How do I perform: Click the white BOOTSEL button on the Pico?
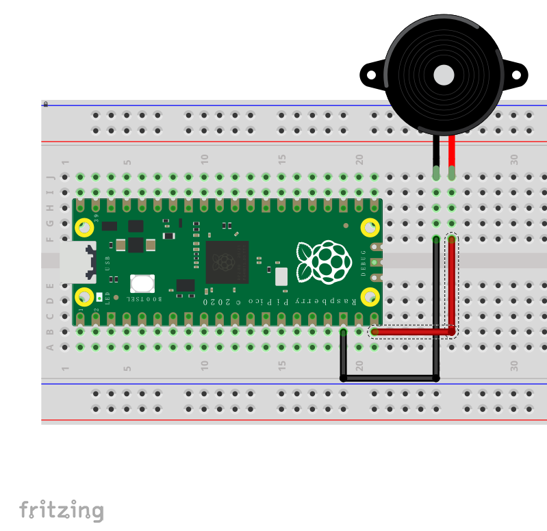click(142, 283)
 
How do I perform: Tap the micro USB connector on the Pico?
click(77, 262)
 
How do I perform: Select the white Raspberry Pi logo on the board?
click(323, 262)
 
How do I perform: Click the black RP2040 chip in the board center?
click(227, 262)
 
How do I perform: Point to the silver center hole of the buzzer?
click(444, 73)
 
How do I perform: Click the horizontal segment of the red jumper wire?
click(411, 332)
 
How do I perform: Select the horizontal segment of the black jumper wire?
click(389, 378)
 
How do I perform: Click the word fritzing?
click(62, 510)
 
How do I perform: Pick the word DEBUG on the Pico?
click(364, 262)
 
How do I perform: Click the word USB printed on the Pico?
click(107, 262)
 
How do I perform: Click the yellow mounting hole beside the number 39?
click(84, 226)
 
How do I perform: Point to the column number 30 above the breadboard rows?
click(514, 159)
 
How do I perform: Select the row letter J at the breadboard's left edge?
click(49, 177)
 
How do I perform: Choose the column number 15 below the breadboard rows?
click(282, 367)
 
